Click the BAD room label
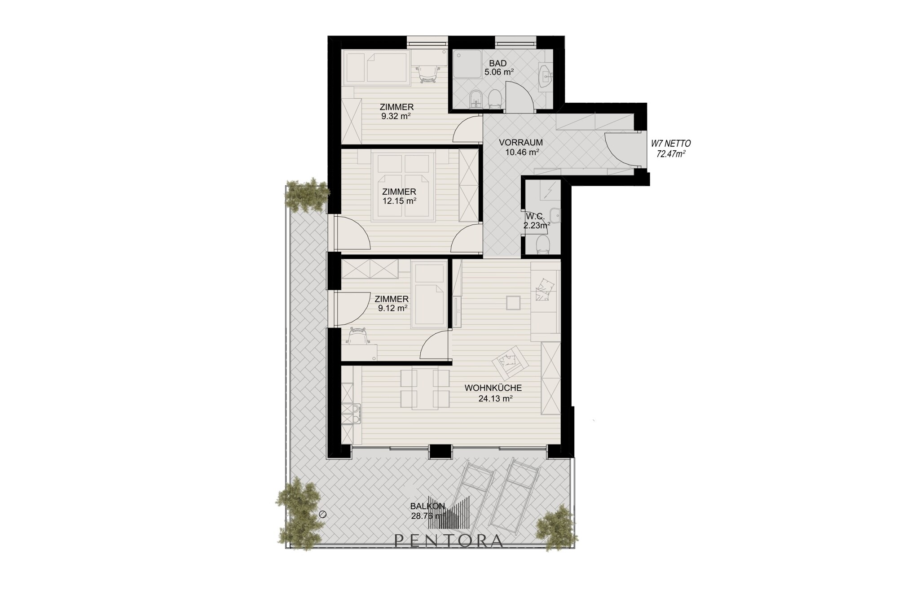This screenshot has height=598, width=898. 497,64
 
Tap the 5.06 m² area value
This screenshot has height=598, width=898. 499,71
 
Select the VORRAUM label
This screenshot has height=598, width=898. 521,143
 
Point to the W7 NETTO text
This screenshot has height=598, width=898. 671,144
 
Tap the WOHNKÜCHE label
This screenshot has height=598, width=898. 493,388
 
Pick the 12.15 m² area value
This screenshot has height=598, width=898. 399,201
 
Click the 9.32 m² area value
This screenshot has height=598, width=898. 396,116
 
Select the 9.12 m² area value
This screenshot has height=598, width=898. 392,308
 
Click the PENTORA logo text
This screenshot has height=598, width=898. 449,541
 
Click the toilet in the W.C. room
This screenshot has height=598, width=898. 543,245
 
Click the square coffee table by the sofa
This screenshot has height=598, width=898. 513,303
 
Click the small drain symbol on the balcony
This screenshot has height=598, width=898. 321,515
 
